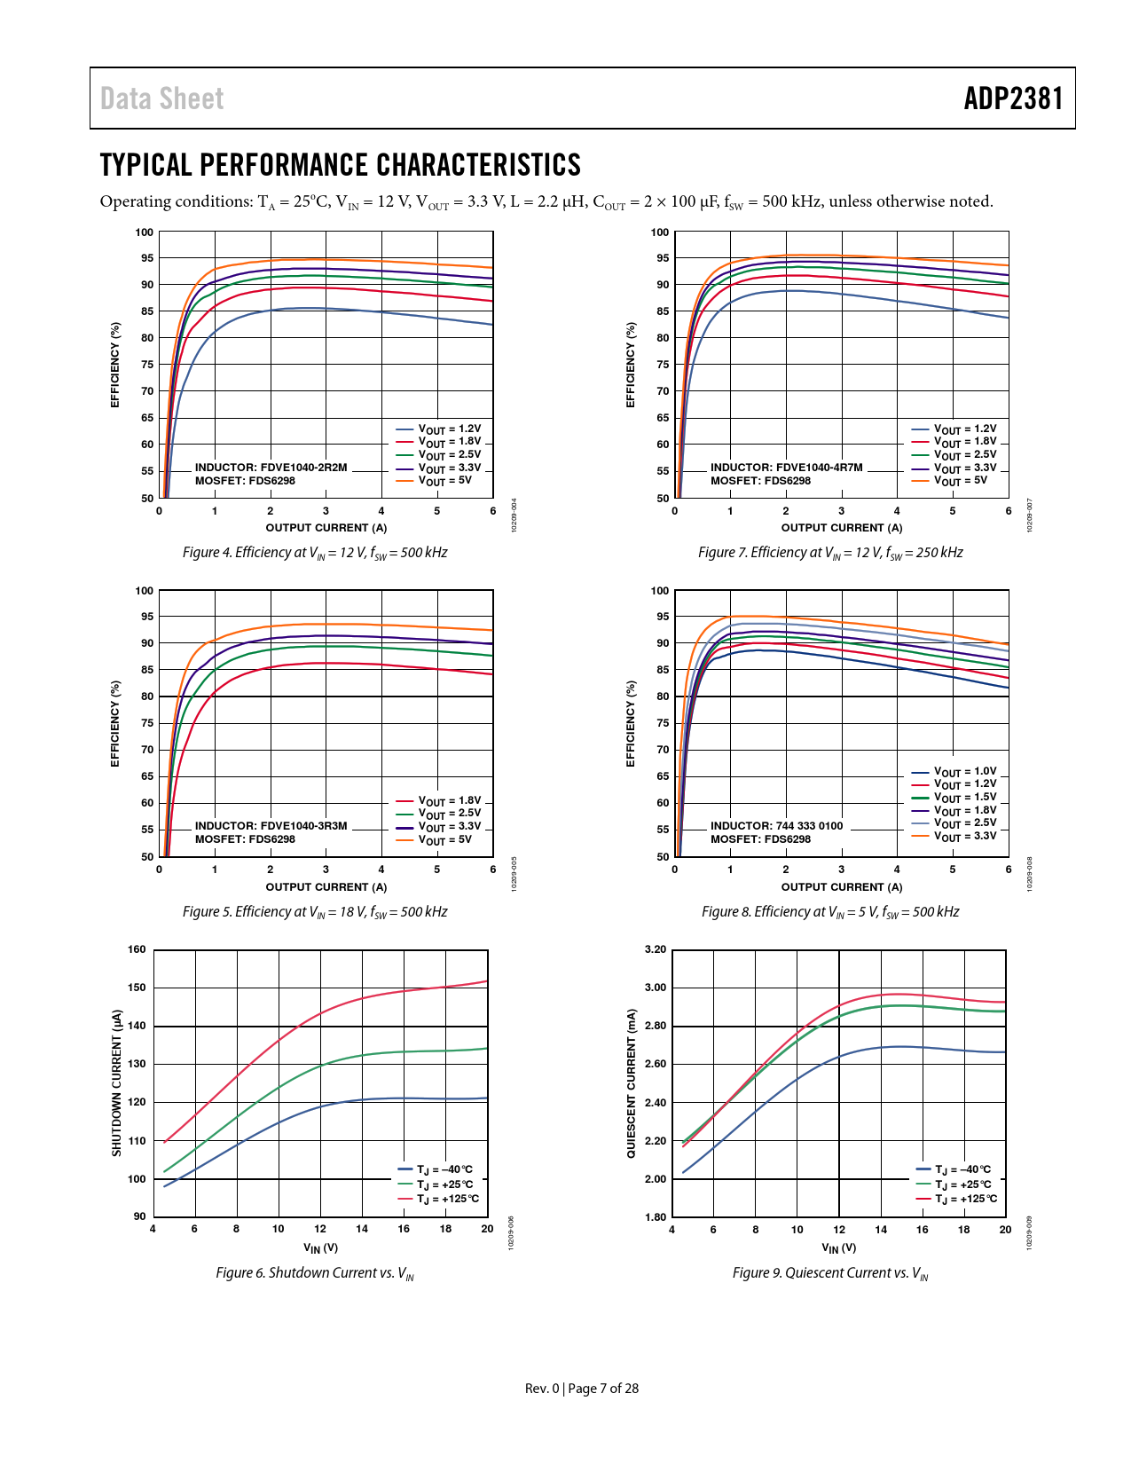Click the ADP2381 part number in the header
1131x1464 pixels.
coord(1013,98)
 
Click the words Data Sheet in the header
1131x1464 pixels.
coord(161,98)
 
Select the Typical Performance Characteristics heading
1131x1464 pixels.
coord(340,165)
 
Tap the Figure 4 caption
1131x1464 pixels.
coord(315,553)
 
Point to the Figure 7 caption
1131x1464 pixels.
coord(830,553)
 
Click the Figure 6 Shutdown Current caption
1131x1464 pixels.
coord(315,1273)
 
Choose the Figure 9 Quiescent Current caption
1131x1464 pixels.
coord(830,1273)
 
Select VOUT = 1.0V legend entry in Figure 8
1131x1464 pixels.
coord(964,772)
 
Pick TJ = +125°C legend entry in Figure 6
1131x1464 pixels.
coord(447,1200)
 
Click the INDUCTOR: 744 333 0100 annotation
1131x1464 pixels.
coord(776,826)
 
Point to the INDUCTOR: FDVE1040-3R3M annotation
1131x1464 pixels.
coord(271,826)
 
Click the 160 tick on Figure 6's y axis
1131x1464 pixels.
coord(137,949)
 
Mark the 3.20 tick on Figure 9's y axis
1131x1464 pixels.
coord(655,949)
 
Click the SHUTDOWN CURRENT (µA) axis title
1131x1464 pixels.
coord(116,1082)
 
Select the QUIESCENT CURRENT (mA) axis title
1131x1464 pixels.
coord(632,1082)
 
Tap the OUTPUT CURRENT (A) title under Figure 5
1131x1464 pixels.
coord(326,887)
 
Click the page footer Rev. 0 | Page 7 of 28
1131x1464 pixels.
coord(581,1389)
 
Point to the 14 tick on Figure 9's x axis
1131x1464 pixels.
coord(881,1230)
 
